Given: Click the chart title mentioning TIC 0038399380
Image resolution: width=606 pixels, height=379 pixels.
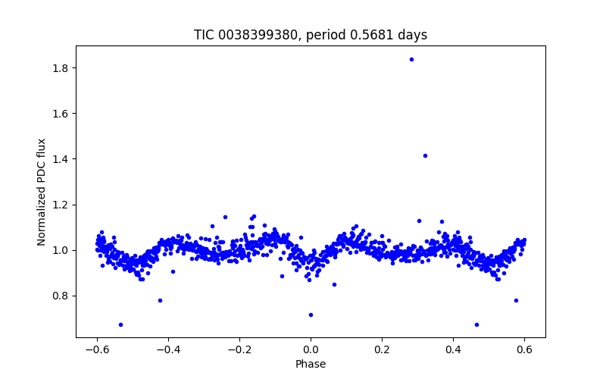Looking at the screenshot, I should [311, 35].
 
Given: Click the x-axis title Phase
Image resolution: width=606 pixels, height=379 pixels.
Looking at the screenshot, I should [311, 364].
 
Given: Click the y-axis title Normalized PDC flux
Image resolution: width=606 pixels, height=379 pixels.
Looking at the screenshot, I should [42, 191].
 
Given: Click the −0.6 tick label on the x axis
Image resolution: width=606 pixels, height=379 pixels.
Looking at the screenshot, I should [97, 349].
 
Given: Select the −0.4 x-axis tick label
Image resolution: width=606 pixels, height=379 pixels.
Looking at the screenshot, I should [168, 349].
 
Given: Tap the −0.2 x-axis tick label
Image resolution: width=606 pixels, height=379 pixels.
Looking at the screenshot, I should [239, 349].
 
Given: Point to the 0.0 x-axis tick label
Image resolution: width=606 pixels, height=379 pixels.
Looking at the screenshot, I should [311, 349].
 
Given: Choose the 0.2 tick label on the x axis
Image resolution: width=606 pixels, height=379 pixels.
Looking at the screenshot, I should [382, 349].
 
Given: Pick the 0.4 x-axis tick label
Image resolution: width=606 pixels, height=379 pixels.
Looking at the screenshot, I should [453, 349].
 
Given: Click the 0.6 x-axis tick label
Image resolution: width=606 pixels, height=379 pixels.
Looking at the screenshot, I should [524, 349].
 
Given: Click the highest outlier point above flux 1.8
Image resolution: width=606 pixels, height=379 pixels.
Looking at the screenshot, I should [411, 59].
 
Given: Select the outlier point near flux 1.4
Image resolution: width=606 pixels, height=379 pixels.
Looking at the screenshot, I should [425, 155].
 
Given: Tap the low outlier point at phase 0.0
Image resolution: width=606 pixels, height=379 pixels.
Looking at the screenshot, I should [311, 315].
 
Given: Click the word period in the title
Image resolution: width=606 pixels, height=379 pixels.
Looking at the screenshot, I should [332, 35].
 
